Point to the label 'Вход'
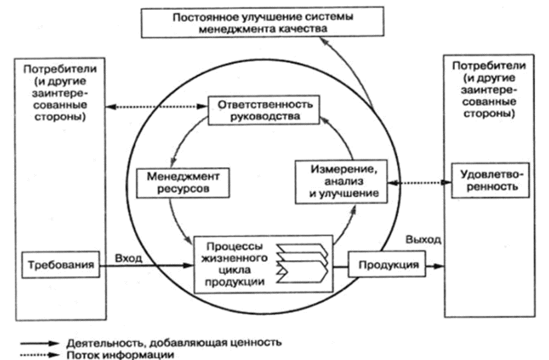(x=129, y=256)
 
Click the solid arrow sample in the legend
(x=38, y=343)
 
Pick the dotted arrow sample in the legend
(x=38, y=355)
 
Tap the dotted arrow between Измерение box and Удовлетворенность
(x=418, y=180)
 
